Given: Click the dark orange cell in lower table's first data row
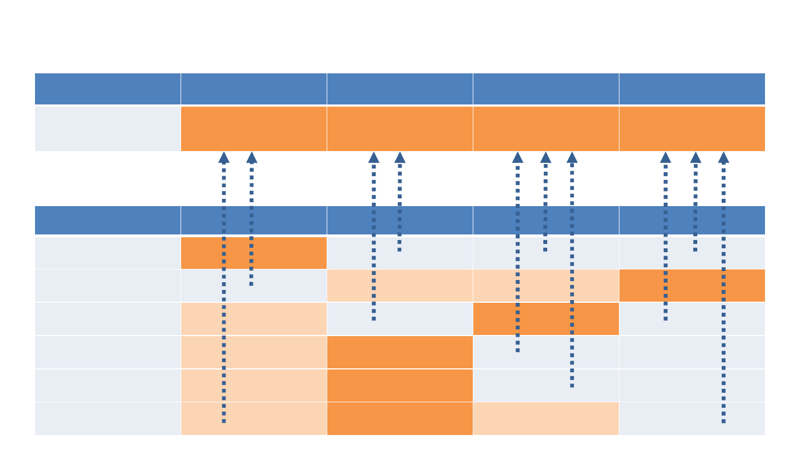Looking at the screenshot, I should tap(253, 253).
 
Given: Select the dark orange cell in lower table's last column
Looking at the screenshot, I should tap(692, 286).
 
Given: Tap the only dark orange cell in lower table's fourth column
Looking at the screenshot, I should tap(546, 319).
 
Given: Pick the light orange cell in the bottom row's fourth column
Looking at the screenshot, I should tap(546, 418).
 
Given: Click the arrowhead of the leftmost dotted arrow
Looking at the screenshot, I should tap(224, 158).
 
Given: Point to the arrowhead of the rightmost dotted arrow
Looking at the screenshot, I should tap(723, 158).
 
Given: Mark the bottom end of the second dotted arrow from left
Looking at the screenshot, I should tap(251, 284).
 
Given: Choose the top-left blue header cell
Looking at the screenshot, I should tap(107, 89).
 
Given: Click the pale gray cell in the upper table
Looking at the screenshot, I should tap(107, 128).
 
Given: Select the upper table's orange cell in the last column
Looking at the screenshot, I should tap(692, 128).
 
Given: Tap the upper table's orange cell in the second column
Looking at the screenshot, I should tap(253, 128).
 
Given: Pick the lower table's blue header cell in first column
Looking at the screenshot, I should tap(107, 221).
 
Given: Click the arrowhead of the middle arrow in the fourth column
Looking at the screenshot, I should tap(546, 158).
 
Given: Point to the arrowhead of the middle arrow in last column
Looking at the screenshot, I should tap(696, 158).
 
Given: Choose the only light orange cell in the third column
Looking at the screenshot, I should tap(399, 286).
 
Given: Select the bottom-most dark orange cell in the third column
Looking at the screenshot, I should tap(399, 418).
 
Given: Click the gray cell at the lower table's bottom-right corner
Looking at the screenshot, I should tap(692, 418).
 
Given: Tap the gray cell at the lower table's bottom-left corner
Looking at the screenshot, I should tap(107, 418).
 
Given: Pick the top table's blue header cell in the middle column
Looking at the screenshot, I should tap(399, 89).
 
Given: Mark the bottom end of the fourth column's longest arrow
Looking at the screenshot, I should tap(572, 386).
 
